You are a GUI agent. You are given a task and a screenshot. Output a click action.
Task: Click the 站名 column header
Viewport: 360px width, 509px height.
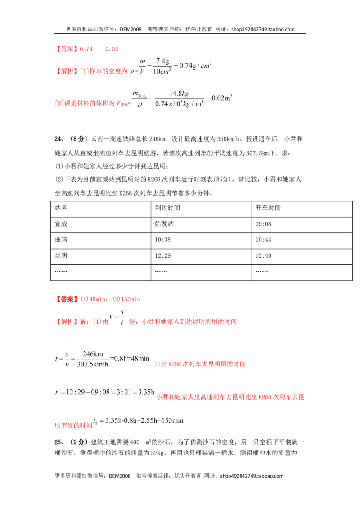(x=61, y=208)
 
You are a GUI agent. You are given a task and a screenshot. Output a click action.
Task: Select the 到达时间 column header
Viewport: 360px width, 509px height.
(x=167, y=208)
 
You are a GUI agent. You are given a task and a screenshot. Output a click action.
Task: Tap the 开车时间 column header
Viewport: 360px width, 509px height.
(x=268, y=208)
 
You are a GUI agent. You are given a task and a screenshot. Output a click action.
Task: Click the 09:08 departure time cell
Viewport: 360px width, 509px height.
(x=263, y=224)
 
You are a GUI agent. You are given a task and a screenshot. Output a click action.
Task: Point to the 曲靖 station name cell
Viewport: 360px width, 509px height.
(x=61, y=240)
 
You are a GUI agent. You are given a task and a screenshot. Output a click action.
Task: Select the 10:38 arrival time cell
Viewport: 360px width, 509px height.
(x=163, y=240)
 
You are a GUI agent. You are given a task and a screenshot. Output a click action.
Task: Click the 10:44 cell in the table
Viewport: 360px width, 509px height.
(x=263, y=240)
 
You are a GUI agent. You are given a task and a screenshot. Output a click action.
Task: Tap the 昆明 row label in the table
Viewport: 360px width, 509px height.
(x=61, y=255)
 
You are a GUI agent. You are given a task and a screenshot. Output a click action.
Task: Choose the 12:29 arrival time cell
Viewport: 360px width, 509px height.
(x=163, y=256)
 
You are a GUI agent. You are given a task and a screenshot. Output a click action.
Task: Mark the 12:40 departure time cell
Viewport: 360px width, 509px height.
(x=263, y=256)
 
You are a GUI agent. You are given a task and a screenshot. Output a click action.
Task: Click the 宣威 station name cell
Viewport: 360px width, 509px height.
(x=61, y=224)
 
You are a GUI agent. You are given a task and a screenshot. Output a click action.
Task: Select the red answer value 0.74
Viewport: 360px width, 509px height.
(x=86, y=49)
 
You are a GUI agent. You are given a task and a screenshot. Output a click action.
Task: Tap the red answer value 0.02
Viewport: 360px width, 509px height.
(x=112, y=49)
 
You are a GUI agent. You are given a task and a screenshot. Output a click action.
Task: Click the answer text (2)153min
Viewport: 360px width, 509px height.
(x=126, y=299)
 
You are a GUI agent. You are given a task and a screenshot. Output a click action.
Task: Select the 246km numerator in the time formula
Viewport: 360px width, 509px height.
(x=93, y=354)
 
